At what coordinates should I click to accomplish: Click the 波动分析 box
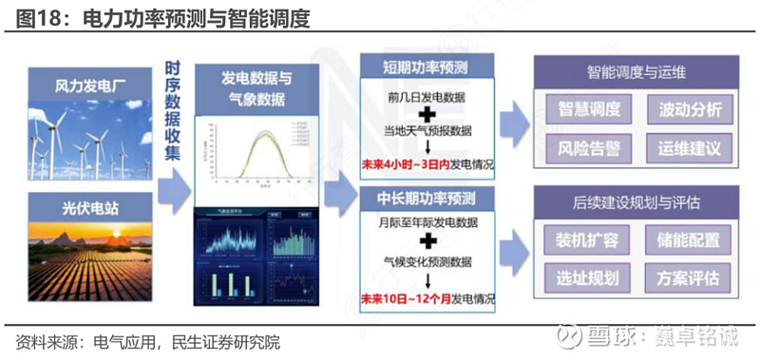click(x=690, y=109)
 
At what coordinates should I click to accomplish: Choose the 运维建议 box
click(x=690, y=149)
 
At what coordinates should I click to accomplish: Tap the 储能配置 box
click(x=690, y=238)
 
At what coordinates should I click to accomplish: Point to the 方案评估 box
click(x=690, y=278)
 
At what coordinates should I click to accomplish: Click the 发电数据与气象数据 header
click(x=256, y=88)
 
